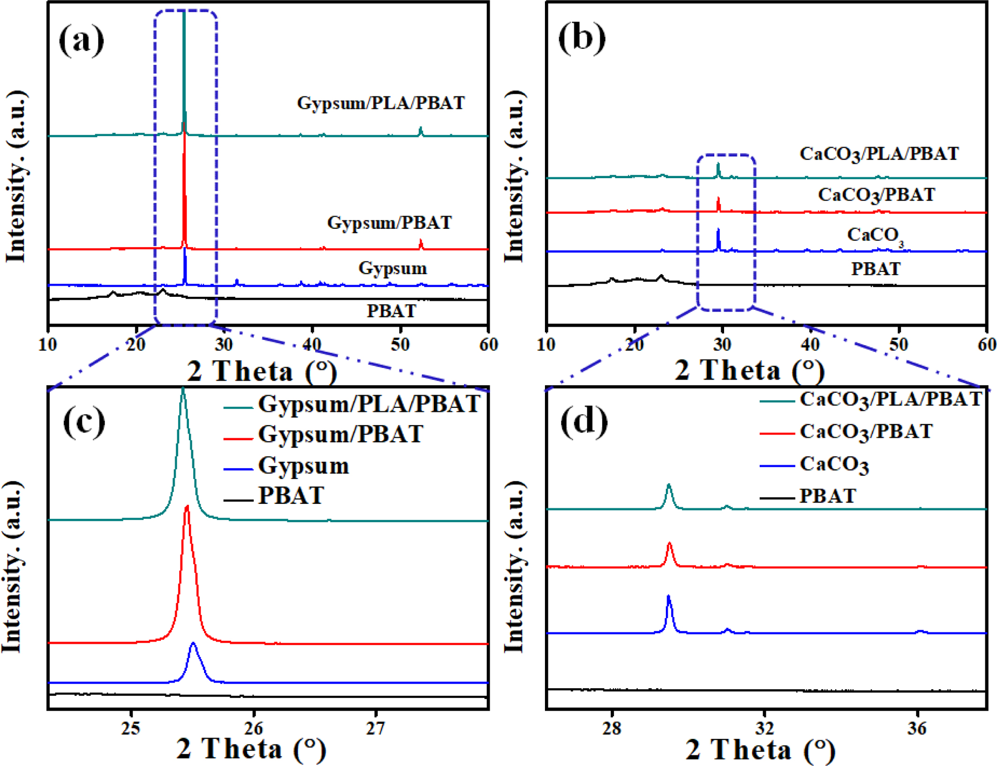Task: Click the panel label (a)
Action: [x=81, y=40]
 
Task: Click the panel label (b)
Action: [x=582, y=38]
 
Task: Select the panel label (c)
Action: [x=84, y=422]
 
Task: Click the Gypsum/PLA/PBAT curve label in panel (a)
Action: [x=381, y=103]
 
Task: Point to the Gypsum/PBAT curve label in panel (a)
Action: [x=389, y=223]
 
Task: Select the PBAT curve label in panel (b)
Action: [x=876, y=269]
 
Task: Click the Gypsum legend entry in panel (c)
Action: [x=303, y=466]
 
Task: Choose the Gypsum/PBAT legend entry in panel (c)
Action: [x=340, y=434]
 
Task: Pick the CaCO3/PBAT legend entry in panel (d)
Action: [x=866, y=432]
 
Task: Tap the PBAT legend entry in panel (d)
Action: [x=827, y=496]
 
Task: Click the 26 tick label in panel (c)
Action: [x=254, y=728]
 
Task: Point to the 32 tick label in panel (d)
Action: [x=764, y=728]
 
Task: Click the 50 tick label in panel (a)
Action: [x=400, y=345]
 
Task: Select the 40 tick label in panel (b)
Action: [x=810, y=345]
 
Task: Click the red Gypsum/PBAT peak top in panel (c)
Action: [x=188, y=506]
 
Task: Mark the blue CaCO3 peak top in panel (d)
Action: [x=668, y=596]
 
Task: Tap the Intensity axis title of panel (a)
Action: [x=16, y=176]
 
